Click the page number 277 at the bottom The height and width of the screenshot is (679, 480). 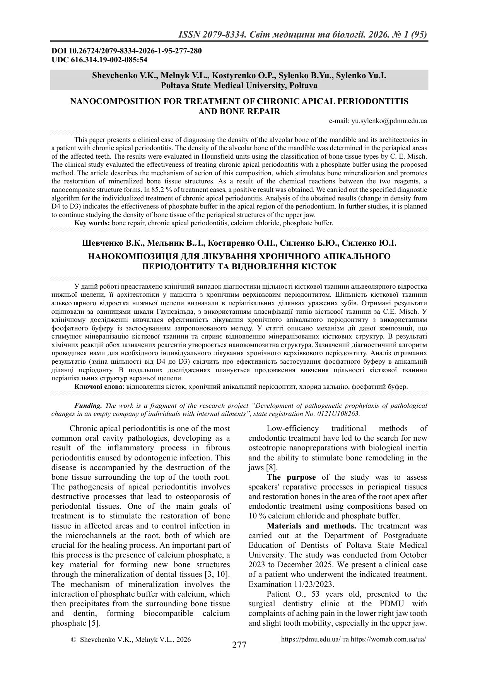click(239, 645)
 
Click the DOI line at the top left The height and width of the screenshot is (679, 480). click(126, 51)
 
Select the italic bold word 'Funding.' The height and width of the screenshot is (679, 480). click(88, 405)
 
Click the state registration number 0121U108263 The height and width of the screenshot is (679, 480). click(338, 413)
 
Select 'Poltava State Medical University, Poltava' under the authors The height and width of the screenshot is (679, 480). click(239, 85)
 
